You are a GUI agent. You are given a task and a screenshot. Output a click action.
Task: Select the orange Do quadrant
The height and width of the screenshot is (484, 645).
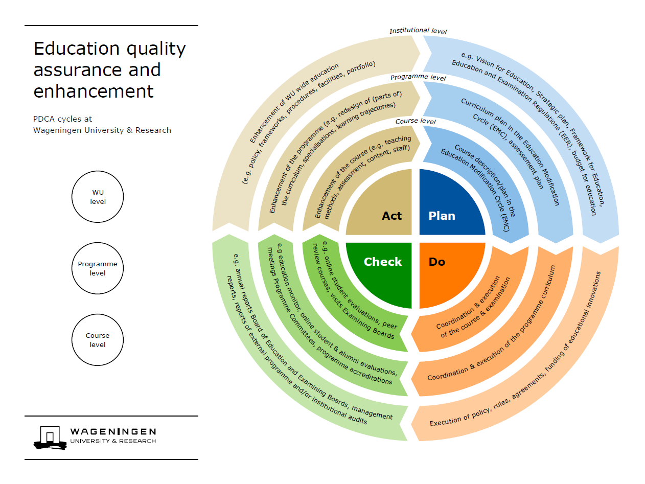pyautogui.click(x=447, y=271)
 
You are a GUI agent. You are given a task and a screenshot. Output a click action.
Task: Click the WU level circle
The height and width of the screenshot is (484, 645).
pyautogui.click(x=98, y=197)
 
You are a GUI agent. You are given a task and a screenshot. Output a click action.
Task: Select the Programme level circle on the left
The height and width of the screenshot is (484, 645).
pyautogui.click(x=98, y=269)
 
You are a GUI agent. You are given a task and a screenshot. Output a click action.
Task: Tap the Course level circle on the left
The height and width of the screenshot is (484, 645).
pyautogui.click(x=98, y=340)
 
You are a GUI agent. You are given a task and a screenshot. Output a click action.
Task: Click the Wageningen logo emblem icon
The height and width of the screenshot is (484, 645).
pyautogui.click(x=50, y=437)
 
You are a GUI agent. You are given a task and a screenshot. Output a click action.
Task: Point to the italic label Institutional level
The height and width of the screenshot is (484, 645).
pyautogui.click(x=418, y=31)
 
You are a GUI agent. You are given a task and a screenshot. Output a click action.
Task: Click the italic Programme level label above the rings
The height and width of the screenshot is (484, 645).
pyautogui.click(x=418, y=78)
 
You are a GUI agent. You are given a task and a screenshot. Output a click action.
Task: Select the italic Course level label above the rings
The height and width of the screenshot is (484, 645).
pyautogui.click(x=416, y=122)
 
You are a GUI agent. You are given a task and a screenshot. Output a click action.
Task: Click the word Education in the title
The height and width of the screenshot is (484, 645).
pyautogui.click(x=72, y=49)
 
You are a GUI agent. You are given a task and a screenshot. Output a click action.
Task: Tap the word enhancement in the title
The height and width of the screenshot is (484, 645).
pyautogui.click(x=94, y=91)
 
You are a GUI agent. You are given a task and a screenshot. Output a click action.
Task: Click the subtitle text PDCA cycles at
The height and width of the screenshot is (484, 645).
pyautogui.click(x=62, y=119)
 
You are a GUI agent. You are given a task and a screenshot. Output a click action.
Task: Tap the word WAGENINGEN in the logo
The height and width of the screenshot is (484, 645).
pyautogui.click(x=113, y=432)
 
